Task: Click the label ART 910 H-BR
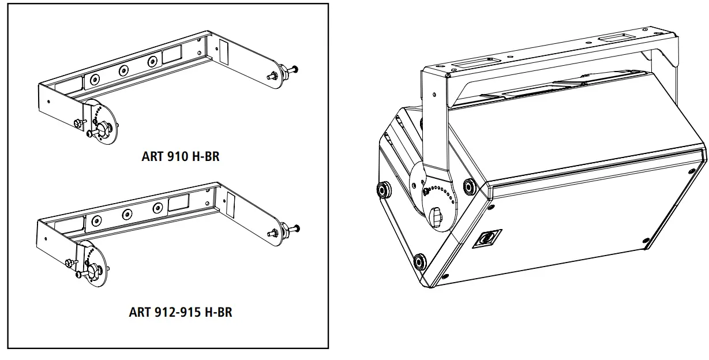pos(180,156)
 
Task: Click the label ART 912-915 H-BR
pos(180,313)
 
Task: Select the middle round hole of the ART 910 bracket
pos(123,70)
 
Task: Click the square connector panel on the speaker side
pos(486,238)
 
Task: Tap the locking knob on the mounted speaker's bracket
pos(437,218)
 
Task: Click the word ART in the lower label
pos(140,313)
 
